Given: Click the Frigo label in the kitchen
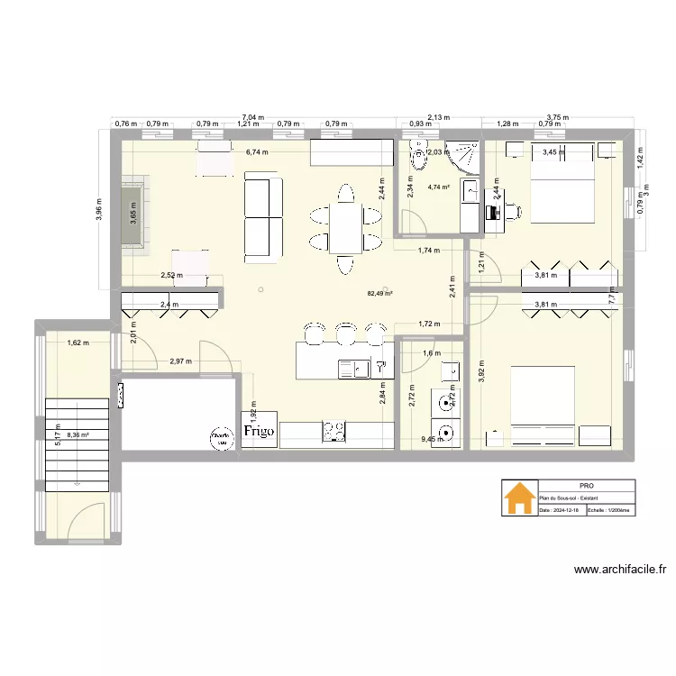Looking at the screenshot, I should point(260,433).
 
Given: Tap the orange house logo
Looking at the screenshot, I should point(518,498).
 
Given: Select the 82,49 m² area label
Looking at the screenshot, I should point(379,293).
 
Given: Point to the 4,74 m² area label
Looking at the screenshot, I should point(439,187).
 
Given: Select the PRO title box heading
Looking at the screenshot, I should point(586,485).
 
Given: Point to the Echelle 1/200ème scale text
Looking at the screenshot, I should point(610,509).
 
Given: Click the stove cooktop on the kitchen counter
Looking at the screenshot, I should point(334,433).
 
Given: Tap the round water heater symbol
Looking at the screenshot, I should point(219,439).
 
